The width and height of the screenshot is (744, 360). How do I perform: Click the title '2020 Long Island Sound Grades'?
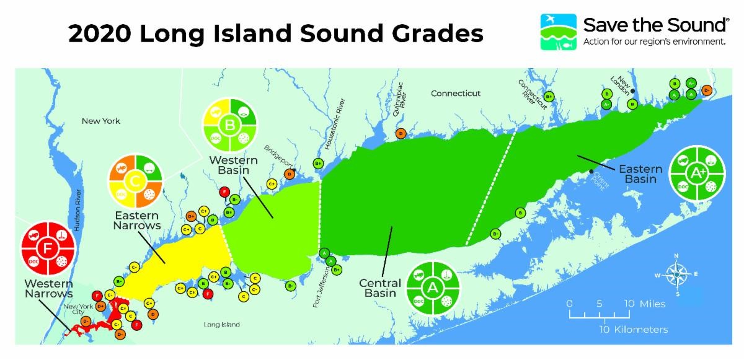[x=275, y=33]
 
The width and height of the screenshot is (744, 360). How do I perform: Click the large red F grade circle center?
[x=48, y=250]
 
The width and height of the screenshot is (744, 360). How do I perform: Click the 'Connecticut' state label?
[x=456, y=94]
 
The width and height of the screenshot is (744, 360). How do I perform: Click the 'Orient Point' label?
[x=601, y=180]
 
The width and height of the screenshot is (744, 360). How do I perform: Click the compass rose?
[x=676, y=273]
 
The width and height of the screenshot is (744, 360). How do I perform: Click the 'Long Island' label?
[x=221, y=325]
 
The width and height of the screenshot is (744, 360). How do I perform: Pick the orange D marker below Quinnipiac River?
[x=401, y=134]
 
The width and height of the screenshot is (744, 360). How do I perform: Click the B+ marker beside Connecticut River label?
[x=549, y=96]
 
